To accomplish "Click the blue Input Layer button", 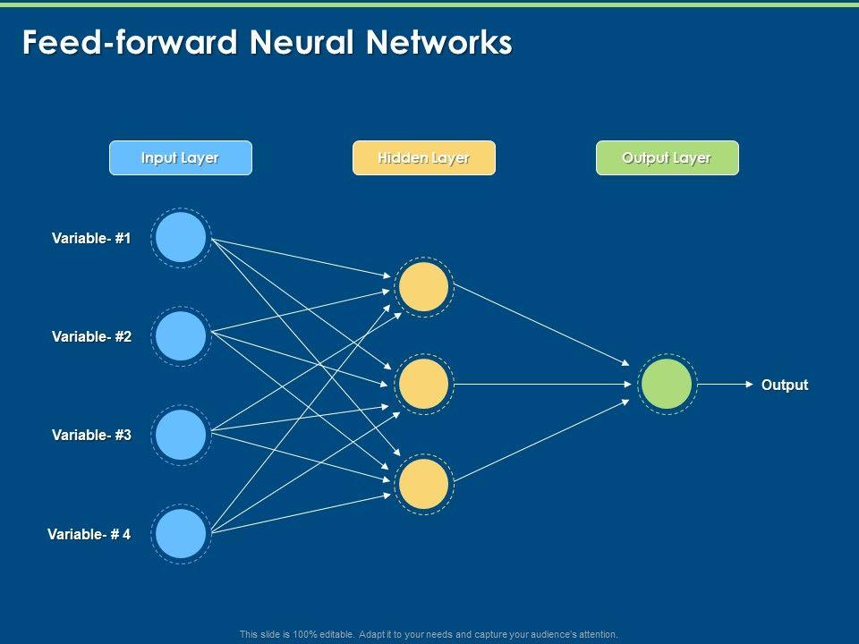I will click(180, 158).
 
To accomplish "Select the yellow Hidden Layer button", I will click(423, 158).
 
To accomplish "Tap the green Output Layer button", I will click(667, 158).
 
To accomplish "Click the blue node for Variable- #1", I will click(181, 238).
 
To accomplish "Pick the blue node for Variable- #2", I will click(181, 336).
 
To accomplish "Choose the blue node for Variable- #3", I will click(181, 435).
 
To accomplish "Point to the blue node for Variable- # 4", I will click(181, 534).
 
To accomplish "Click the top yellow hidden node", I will click(424, 286).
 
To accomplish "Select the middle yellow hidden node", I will click(424, 385).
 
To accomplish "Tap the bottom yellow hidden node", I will click(424, 484).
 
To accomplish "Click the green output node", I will click(667, 385).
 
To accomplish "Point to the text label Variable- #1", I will click(91, 238).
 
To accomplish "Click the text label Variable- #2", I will click(91, 336).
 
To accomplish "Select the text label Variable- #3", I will click(91, 435).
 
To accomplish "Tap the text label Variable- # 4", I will click(89, 534).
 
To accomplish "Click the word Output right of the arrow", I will click(785, 385).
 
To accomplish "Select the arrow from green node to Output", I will click(725, 385).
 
